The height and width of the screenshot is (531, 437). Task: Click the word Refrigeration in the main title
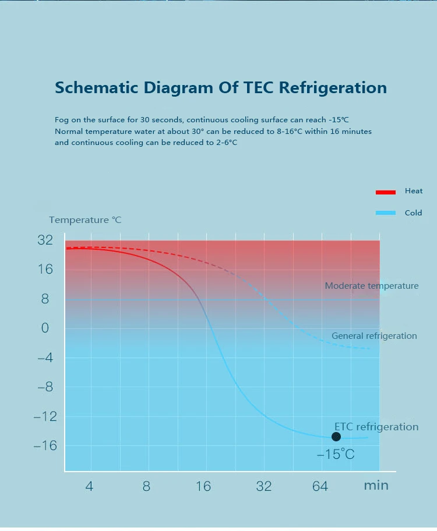(x=333, y=88)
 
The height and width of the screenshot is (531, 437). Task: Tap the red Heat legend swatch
(x=385, y=192)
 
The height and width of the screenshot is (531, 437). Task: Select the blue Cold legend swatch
(x=385, y=213)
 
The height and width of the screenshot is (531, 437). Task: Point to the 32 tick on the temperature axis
(x=45, y=240)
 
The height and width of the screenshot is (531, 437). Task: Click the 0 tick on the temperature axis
(x=45, y=328)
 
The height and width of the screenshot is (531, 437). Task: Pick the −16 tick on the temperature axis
(x=45, y=445)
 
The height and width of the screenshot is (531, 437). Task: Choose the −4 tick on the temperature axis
(x=45, y=357)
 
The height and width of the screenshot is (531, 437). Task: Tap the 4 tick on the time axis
(x=89, y=486)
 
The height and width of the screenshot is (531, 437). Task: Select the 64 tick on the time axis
(x=320, y=486)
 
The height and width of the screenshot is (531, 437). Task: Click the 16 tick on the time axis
(x=203, y=486)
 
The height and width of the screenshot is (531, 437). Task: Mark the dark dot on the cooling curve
(x=336, y=437)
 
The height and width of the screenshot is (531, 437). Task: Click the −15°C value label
(x=336, y=454)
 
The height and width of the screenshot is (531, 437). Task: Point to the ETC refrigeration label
(x=376, y=427)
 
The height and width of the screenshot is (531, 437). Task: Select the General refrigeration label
(x=374, y=336)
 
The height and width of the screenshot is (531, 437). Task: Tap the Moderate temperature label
(x=372, y=286)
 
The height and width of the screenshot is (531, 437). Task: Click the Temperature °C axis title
(x=85, y=220)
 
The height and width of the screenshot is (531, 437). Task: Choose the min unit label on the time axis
(x=376, y=486)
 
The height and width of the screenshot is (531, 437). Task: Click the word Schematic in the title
(x=97, y=88)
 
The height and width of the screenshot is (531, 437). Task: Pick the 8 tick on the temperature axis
(x=45, y=299)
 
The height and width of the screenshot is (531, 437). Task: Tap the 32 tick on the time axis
(x=264, y=486)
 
